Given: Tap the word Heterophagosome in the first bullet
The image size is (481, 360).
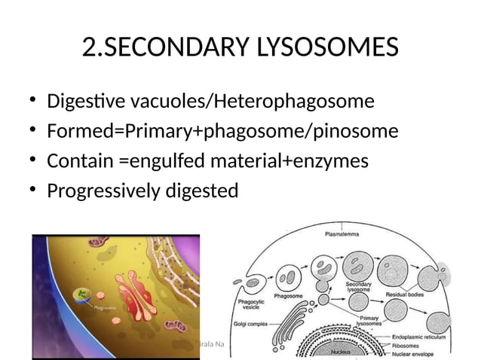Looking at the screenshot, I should [300, 101].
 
